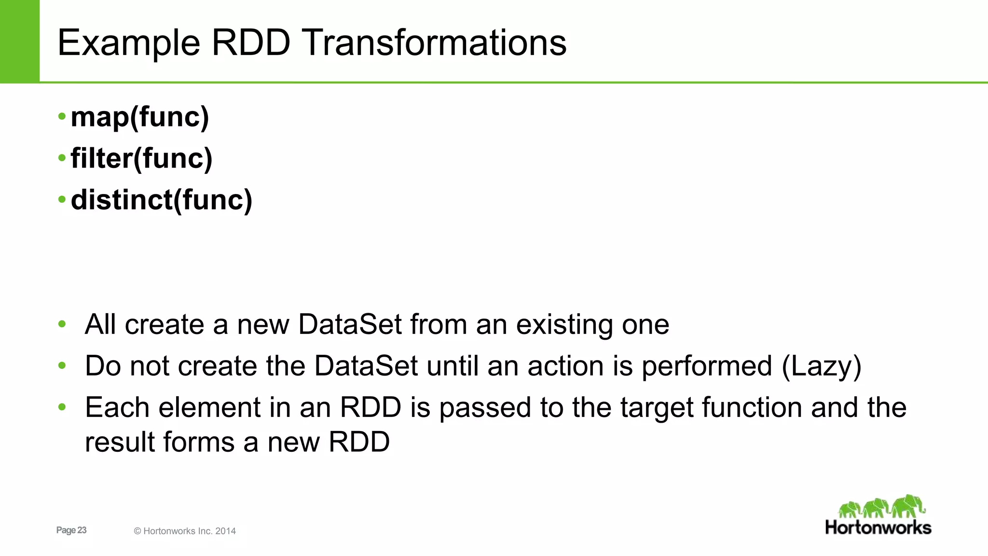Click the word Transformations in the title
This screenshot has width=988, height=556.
[435, 43]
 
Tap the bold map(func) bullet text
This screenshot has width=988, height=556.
[140, 117]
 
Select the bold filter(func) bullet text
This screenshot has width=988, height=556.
[141, 159]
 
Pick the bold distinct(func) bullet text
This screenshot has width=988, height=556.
[161, 200]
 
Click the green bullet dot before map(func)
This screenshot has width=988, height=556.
[62, 116]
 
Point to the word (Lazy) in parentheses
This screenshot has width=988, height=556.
[821, 366]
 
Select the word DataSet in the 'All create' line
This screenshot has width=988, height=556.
[350, 324]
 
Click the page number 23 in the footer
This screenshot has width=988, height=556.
[82, 530]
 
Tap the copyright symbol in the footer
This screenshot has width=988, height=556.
[137, 531]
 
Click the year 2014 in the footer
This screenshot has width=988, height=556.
[225, 531]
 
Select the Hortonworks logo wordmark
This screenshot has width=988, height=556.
[878, 528]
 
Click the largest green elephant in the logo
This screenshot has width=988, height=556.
[907, 506]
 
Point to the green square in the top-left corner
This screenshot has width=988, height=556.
[19, 41]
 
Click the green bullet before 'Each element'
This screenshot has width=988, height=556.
[62, 407]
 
